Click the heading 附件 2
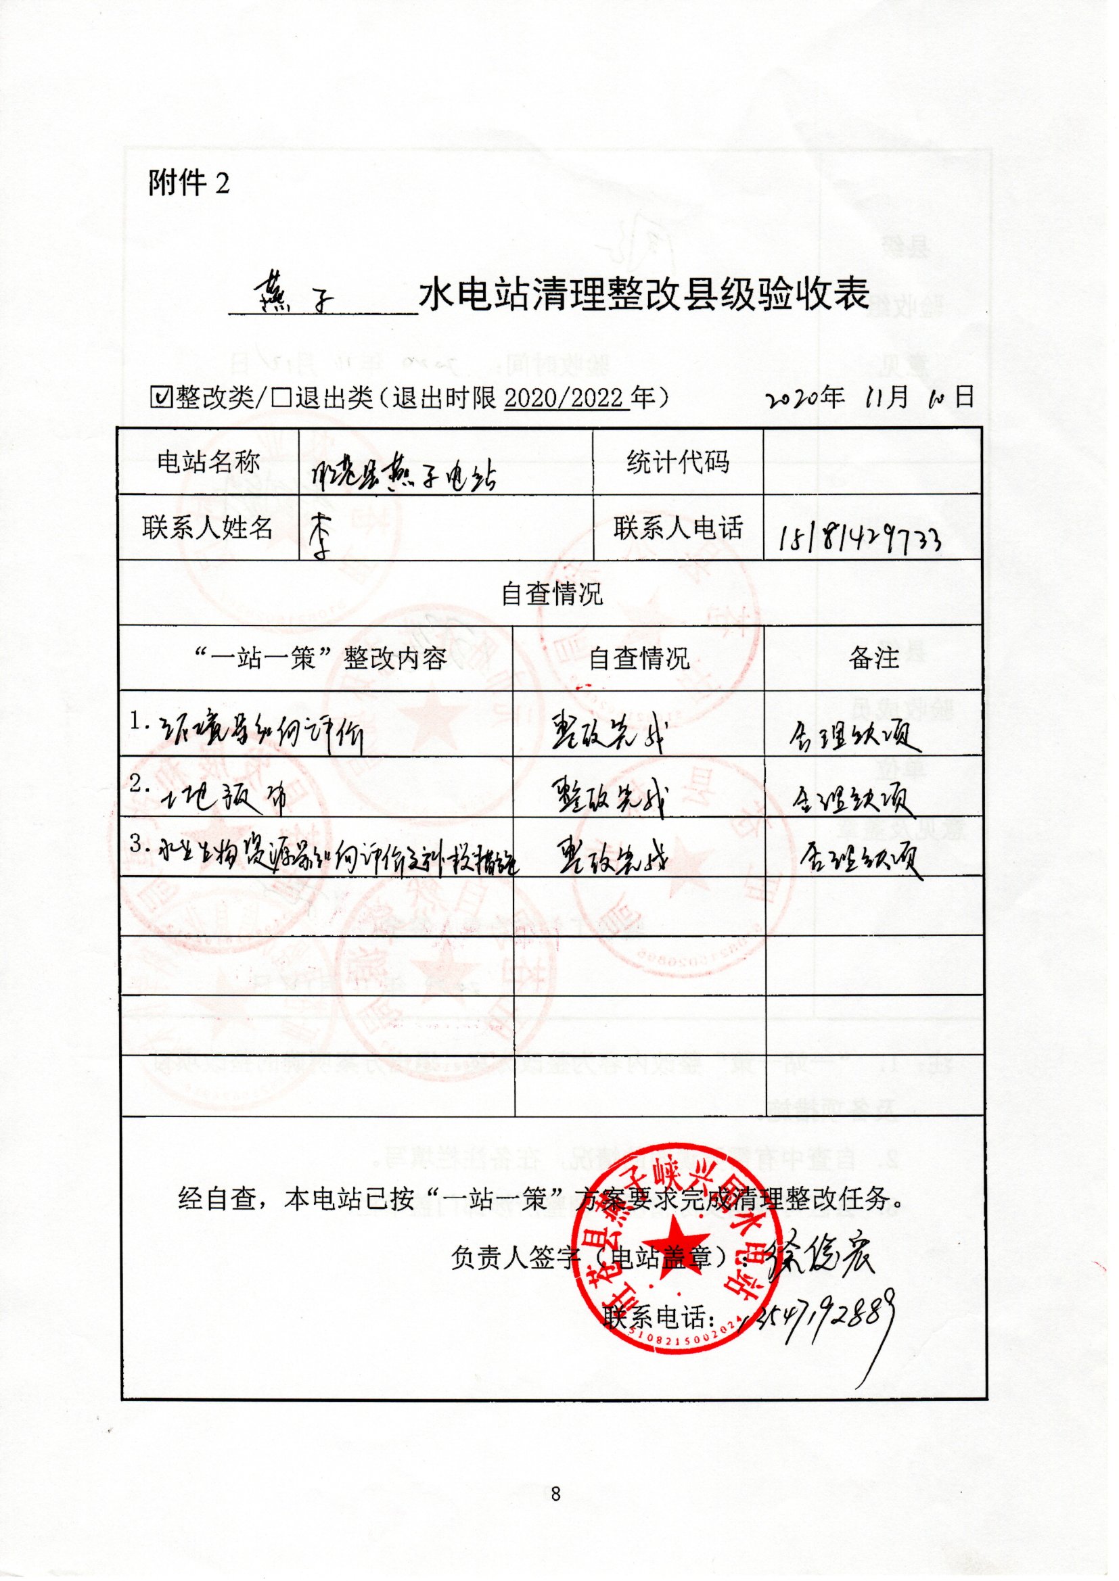pos(188,183)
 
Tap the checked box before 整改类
pos(160,398)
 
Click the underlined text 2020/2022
pos(566,398)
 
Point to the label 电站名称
pos(208,462)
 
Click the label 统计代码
pos(677,462)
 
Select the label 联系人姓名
pos(208,528)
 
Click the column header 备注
pos(873,658)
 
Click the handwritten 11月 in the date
pos(887,398)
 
